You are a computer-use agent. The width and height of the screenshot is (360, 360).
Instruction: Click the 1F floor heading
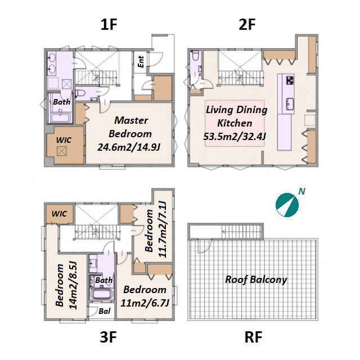[109, 25]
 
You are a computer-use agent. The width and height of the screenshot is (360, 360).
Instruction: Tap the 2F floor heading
[247, 25]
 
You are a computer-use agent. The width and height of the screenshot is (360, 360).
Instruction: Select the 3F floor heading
[109, 337]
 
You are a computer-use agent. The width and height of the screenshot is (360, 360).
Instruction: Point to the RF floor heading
[254, 337]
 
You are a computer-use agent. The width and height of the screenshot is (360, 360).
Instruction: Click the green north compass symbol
[287, 205]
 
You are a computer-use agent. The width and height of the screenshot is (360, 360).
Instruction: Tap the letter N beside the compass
[301, 191]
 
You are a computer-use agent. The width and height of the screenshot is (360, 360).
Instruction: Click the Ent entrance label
[141, 62]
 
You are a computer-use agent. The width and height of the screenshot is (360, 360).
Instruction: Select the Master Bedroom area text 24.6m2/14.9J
[129, 147]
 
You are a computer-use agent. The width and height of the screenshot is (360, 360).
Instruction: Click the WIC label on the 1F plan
[64, 140]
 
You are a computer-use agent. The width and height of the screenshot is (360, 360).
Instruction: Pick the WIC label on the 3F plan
[59, 214]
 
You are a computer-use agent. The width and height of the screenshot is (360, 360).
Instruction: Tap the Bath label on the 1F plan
[61, 102]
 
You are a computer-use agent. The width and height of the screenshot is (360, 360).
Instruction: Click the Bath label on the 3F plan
[103, 280]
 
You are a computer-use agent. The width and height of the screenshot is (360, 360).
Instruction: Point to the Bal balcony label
[105, 311]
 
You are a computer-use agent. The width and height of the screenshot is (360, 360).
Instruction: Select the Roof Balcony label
[256, 280]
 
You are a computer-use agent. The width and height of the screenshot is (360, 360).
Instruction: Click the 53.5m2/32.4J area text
[235, 137]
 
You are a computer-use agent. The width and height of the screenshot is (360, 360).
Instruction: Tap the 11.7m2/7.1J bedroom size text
[163, 229]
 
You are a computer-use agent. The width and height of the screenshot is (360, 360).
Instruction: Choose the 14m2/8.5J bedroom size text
[73, 285]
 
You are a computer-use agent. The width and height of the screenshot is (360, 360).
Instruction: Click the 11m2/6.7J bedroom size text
[145, 303]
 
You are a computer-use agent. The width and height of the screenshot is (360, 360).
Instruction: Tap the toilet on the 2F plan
[196, 56]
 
